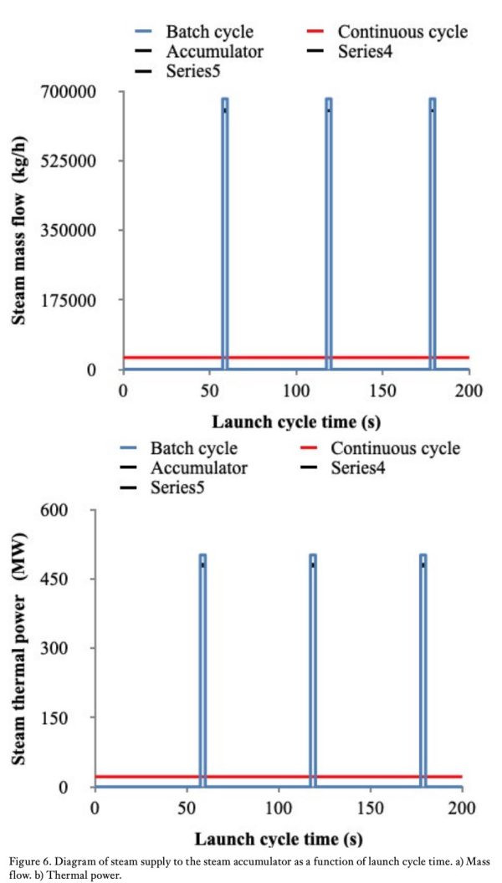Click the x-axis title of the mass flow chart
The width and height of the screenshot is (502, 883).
coord(297,420)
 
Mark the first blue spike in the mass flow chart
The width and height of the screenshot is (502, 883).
coord(225,234)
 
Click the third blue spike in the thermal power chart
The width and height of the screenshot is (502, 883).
coord(423,669)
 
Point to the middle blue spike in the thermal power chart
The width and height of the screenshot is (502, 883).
coord(313,669)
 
